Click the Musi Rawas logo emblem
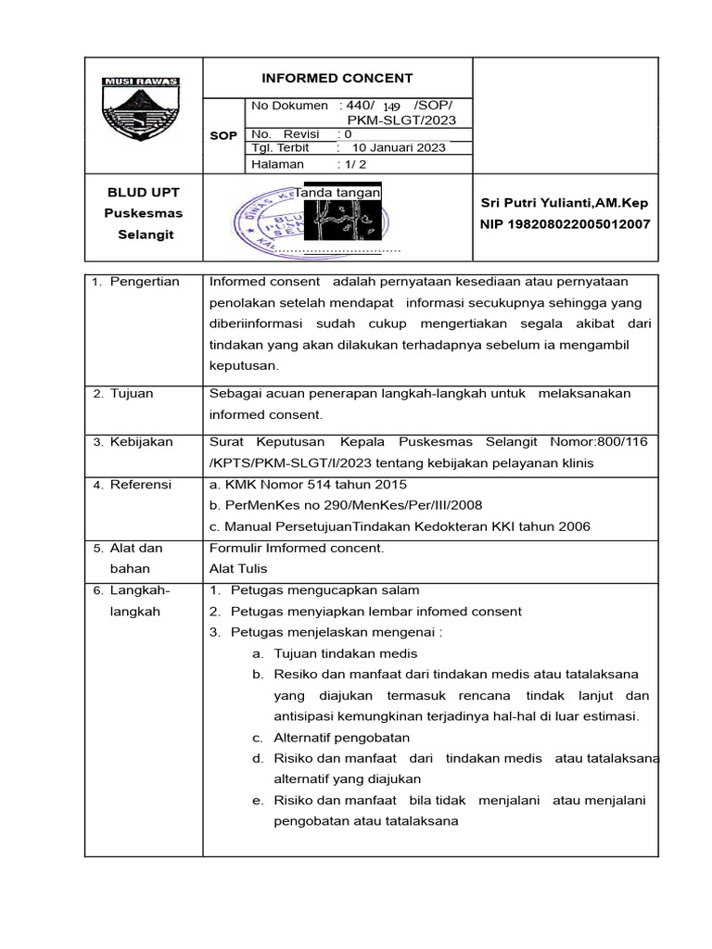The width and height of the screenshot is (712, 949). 140,115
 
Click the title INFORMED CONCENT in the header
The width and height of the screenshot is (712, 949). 337,78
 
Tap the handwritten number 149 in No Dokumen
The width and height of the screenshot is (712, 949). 394,108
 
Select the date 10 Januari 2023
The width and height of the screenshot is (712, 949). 399,147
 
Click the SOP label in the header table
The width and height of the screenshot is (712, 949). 222,135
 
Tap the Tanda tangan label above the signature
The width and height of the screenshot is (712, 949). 337,192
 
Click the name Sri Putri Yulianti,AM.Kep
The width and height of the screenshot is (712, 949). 566,203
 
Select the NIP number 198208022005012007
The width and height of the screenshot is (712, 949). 566,224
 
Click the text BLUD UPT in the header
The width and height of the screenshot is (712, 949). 143,192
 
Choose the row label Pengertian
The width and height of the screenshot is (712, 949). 145,282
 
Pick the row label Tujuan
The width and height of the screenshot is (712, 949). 132,393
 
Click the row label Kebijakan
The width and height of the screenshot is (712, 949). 141,442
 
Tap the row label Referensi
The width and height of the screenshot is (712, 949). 141,484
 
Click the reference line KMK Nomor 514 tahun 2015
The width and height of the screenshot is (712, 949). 309,484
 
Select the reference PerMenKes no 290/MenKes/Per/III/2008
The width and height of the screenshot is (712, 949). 346,505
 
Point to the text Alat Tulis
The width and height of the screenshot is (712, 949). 238,569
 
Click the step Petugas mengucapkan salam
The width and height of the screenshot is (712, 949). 324,590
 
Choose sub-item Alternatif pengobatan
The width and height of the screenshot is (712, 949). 341,738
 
